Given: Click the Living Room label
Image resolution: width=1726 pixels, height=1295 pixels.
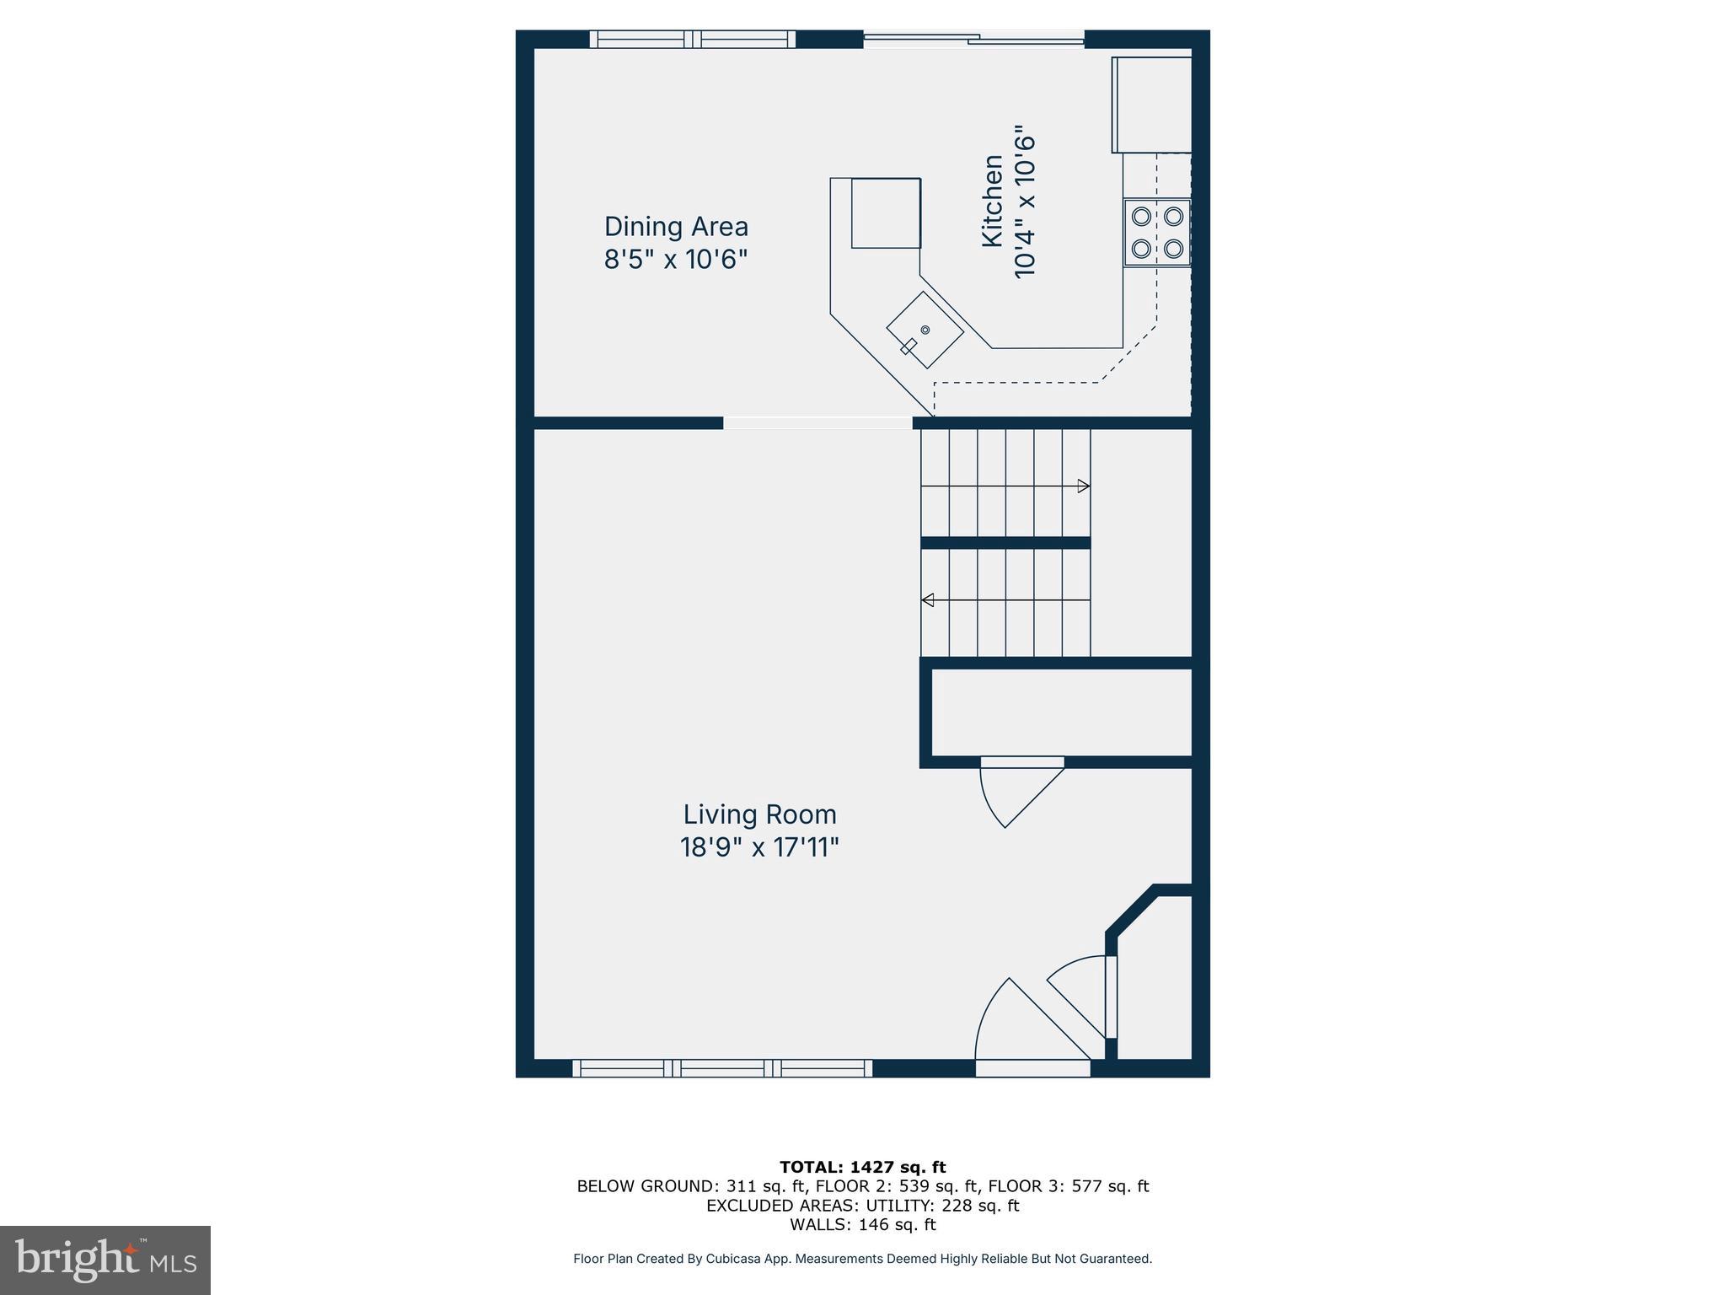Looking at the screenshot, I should [759, 814].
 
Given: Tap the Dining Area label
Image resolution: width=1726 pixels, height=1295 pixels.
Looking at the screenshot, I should [676, 227].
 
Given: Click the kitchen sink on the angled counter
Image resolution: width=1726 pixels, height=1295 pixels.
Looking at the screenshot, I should [925, 330].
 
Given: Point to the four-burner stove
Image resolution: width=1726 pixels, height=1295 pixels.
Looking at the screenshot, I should [1156, 233].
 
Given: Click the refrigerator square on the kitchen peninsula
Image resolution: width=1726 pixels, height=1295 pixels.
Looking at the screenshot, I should [885, 212].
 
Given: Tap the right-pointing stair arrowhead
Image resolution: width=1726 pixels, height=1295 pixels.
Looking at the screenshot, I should [1084, 486].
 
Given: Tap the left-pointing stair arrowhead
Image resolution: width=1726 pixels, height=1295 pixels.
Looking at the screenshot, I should [928, 600].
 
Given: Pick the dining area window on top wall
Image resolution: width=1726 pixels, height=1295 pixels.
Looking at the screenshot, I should [692, 39].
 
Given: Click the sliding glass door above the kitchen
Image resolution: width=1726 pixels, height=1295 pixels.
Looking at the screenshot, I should [973, 38].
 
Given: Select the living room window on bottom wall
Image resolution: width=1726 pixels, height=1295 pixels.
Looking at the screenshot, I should [722, 1068].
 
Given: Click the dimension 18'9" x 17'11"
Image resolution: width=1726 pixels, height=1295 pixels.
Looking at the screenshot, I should [759, 847].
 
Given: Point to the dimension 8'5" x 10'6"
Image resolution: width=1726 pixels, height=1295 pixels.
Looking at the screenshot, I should [676, 259].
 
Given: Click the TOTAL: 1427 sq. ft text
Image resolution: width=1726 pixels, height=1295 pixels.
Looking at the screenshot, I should [862, 1168].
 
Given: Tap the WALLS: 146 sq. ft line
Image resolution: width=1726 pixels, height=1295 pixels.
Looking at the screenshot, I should [862, 1225].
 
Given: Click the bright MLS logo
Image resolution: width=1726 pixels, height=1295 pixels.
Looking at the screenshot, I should [105, 1260].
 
